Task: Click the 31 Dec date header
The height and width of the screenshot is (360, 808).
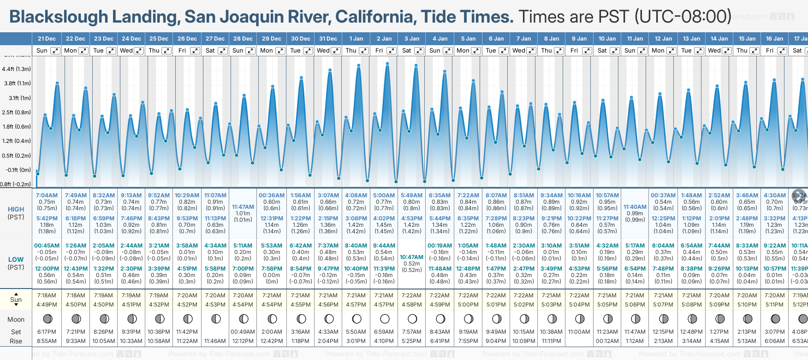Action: point(328,39)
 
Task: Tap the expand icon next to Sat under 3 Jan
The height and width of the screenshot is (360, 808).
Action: point(419,51)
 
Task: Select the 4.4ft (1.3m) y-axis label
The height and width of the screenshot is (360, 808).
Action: point(16,69)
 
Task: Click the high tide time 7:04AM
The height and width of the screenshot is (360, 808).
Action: point(47,195)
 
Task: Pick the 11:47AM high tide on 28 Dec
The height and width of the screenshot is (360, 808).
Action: point(243,207)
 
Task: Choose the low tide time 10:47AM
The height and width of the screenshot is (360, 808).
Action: point(411,257)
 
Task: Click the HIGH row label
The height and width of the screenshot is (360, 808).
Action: point(16,209)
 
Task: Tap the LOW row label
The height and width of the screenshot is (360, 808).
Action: point(16,260)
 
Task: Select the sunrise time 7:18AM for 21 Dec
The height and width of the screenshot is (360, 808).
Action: point(47,295)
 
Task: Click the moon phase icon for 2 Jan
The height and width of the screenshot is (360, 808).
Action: point(385,319)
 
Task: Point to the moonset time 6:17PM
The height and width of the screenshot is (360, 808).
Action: point(47,332)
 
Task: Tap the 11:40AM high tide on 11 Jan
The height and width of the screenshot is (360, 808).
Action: point(635,207)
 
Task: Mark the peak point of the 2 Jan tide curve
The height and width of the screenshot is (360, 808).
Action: point(387,64)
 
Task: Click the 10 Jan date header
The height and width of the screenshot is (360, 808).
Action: point(607,39)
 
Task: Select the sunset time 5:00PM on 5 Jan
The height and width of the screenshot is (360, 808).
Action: point(468,305)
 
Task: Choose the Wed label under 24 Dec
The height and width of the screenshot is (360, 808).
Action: point(126,51)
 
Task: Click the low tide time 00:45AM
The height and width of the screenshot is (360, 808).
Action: point(47,246)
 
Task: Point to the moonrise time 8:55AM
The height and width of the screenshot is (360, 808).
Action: point(47,341)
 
